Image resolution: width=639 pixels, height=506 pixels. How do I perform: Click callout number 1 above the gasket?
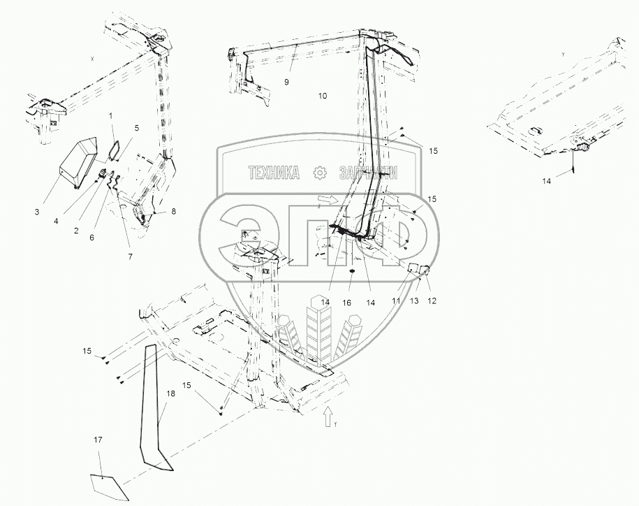pyautogui.click(x=110, y=114)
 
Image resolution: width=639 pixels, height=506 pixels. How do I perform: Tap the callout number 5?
pyautogui.click(x=137, y=129)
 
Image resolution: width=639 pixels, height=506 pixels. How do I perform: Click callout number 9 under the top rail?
pyautogui.click(x=286, y=82)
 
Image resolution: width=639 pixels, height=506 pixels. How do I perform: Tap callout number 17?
pyautogui.click(x=98, y=440)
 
